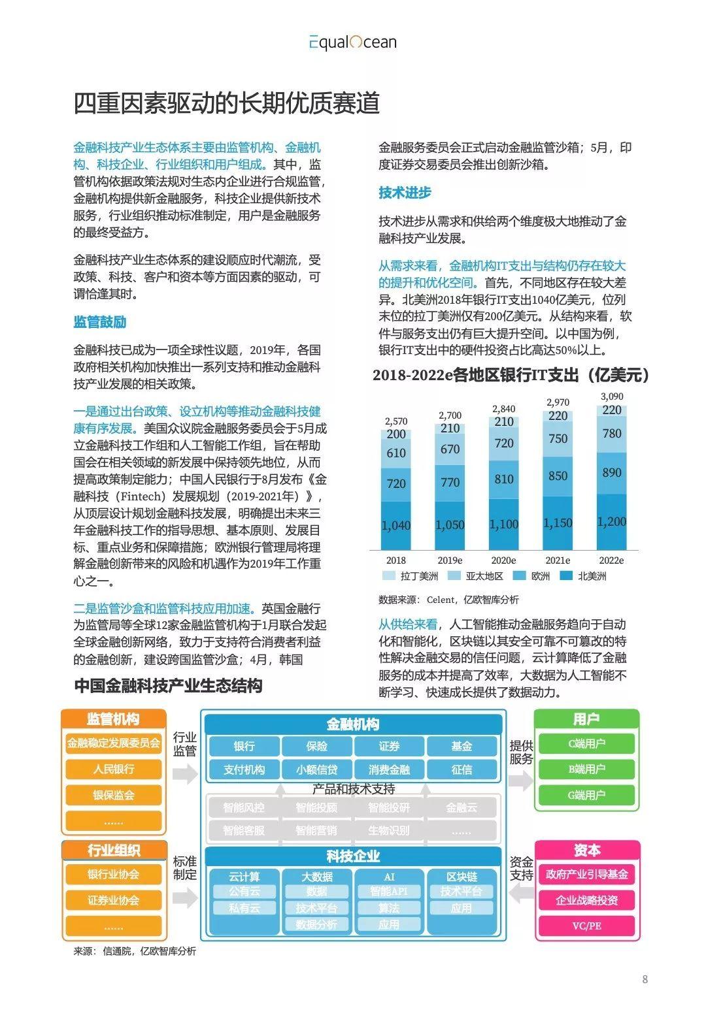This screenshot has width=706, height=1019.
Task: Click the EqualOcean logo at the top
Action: pyautogui.click(x=353, y=42)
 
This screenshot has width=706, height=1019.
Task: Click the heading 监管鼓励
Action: pyautogui.click(x=99, y=322)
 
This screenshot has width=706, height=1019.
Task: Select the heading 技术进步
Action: pyautogui.click(x=405, y=193)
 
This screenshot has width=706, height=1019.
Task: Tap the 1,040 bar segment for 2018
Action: pyautogui.click(x=395, y=525)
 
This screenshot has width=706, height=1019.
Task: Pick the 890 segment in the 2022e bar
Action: pyautogui.click(x=612, y=473)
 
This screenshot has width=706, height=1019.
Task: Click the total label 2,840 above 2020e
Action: pyautogui.click(x=503, y=409)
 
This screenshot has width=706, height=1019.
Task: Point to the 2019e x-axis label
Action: pyautogui.click(x=450, y=560)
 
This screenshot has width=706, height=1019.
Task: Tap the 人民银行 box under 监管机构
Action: pyautogui.click(x=114, y=769)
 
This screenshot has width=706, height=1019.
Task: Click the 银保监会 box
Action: pyautogui.click(x=114, y=795)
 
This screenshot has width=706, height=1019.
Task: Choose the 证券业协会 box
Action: pyautogui.click(x=114, y=900)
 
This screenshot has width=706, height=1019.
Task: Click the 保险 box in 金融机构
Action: pyautogui.click(x=316, y=746)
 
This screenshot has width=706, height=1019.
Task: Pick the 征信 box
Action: pyautogui.click(x=462, y=769)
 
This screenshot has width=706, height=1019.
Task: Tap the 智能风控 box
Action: pyautogui.click(x=244, y=807)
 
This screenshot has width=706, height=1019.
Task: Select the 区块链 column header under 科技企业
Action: pyautogui.click(x=462, y=877)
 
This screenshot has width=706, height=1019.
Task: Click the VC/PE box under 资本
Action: pyautogui.click(x=586, y=926)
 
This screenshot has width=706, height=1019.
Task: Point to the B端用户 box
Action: pyautogui.click(x=586, y=769)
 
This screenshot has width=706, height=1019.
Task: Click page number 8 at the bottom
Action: pyautogui.click(x=645, y=979)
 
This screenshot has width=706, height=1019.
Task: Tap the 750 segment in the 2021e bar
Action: pyautogui.click(x=558, y=439)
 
